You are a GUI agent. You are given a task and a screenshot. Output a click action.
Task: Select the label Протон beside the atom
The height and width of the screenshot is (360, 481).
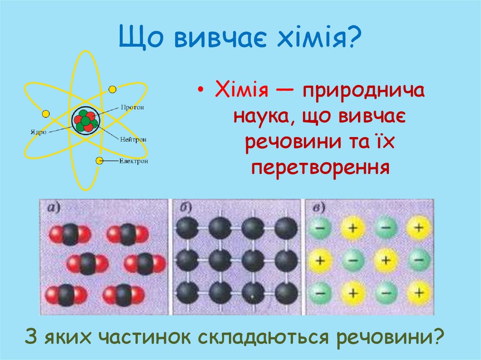[x=132, y=107]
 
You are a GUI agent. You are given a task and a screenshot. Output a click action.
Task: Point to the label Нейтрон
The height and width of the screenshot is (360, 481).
[x=133, y=139]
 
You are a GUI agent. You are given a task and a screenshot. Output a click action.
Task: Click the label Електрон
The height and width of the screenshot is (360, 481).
[x=133, y=161]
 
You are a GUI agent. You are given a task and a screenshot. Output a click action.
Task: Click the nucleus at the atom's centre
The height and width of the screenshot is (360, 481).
[x=85, y=121]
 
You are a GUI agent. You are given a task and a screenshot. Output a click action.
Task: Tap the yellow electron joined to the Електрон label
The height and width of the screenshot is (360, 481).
[x=99, y=161]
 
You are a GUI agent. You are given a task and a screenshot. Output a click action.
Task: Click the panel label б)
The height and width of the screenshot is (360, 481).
[x=181, y=207]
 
